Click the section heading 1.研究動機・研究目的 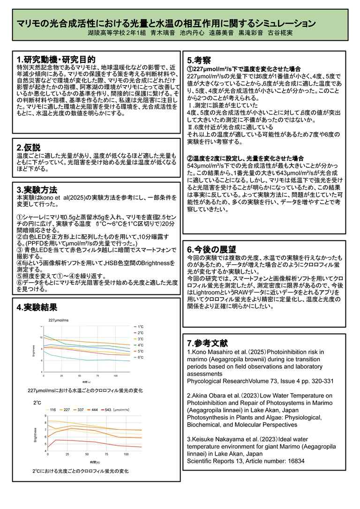click(56, 60)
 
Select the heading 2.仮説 click(29, 147)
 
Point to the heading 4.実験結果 click(37, 307)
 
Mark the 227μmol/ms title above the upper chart click(59, 320)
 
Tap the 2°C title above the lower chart click(37, 403)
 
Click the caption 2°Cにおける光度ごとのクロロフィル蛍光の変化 click(80, 470)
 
